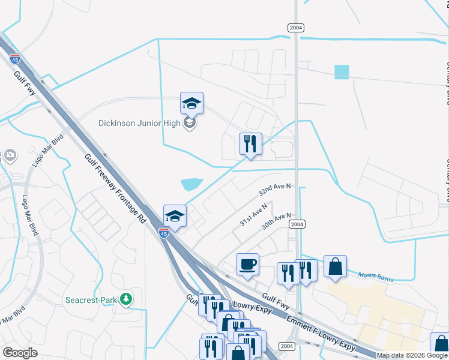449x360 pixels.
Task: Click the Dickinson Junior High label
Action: (x=141, y=123)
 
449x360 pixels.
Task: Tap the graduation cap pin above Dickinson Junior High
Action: (x=191, y=104)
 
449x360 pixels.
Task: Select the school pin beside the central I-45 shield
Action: (x=175, y=216)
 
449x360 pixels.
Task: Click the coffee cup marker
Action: (x=247, y=265)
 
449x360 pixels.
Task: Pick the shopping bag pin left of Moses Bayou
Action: (x=335, y=266)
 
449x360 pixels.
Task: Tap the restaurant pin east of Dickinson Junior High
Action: (x=250, y=144)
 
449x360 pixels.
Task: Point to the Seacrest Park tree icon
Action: (x=125, y=298)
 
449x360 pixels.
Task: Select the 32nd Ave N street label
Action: (x=274, y=190)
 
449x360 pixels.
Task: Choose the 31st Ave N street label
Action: (x=253, y=214)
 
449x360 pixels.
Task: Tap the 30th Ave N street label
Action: (x=276, y=221)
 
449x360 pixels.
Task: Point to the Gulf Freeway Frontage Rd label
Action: (x=116, y=188)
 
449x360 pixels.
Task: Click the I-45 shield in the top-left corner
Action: (x=14, y=59)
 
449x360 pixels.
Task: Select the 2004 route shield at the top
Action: (x=295, y=28)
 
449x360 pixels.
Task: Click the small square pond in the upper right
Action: (x=342, y=72)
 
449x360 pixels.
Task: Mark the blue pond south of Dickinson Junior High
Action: (x=191, y=183)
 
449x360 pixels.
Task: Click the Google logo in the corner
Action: (x=20, y=353)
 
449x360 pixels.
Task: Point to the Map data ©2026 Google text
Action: (x=412, y=355)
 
